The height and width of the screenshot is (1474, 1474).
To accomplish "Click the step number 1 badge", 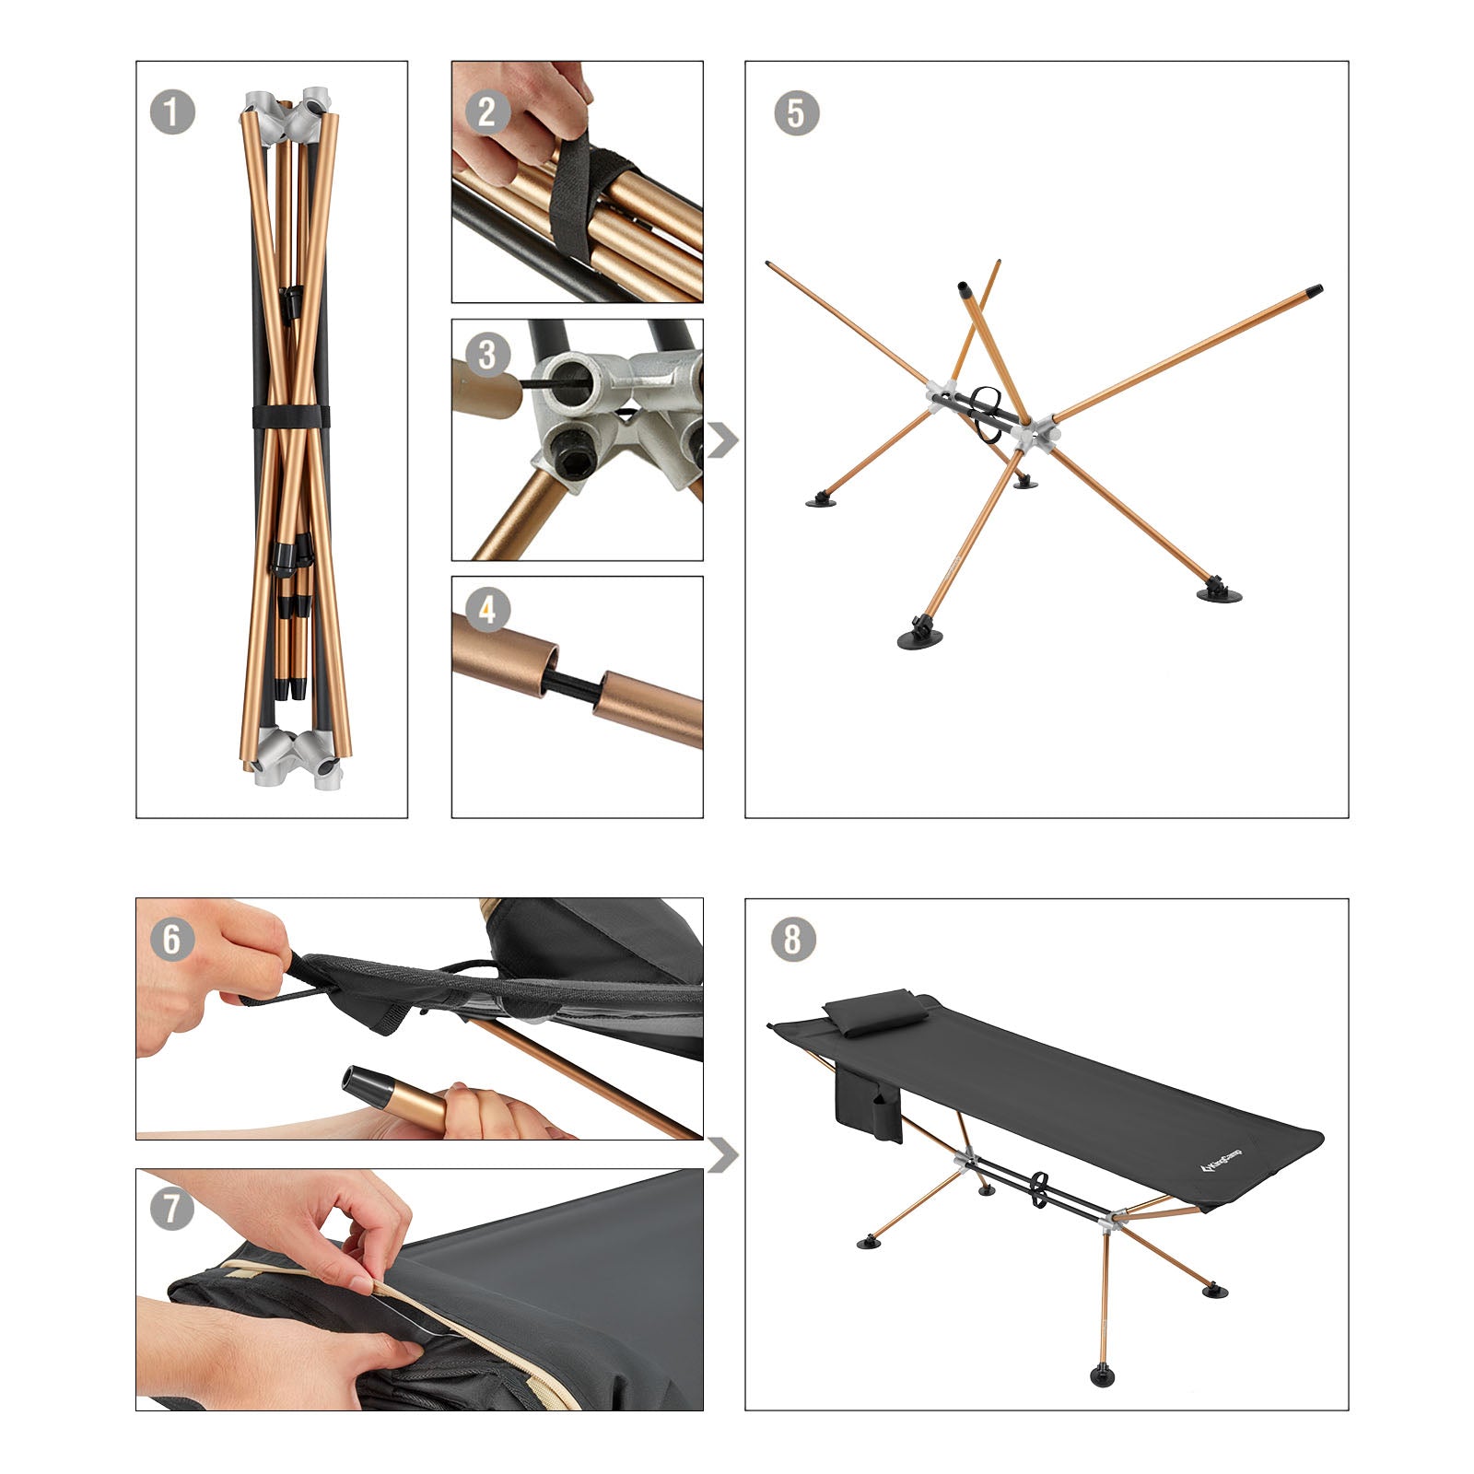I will tap(172, 113).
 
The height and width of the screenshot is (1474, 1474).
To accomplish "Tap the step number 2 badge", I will tap(487, 113).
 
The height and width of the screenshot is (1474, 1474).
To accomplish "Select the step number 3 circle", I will tap(487, 355).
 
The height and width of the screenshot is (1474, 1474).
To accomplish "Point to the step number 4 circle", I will tap(487, 610).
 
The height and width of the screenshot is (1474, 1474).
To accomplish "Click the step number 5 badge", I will tap(797, 113).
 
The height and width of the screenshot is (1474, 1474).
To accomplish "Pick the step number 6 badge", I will tap(172, 939).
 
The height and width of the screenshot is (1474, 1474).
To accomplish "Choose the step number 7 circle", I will tap(172, 1208).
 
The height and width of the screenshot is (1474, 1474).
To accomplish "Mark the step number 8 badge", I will tap(792, 940).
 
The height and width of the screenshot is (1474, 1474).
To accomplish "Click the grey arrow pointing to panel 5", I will tap(722, 440).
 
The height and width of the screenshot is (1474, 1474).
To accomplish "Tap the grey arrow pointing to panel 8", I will tap(722, 1155).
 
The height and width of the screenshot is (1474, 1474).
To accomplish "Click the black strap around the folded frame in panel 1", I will tap(289, 415).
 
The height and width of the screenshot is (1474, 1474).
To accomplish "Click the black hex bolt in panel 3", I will tap(565, 459).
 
